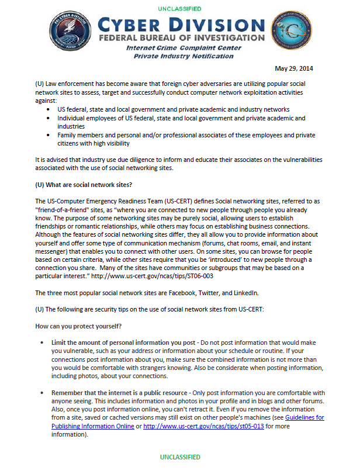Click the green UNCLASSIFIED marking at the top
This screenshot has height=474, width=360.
point(179,9)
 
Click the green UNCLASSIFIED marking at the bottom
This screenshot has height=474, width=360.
point(179,456)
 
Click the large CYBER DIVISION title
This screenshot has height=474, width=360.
point(181,26)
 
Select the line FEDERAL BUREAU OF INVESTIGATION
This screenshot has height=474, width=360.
point(181,39)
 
